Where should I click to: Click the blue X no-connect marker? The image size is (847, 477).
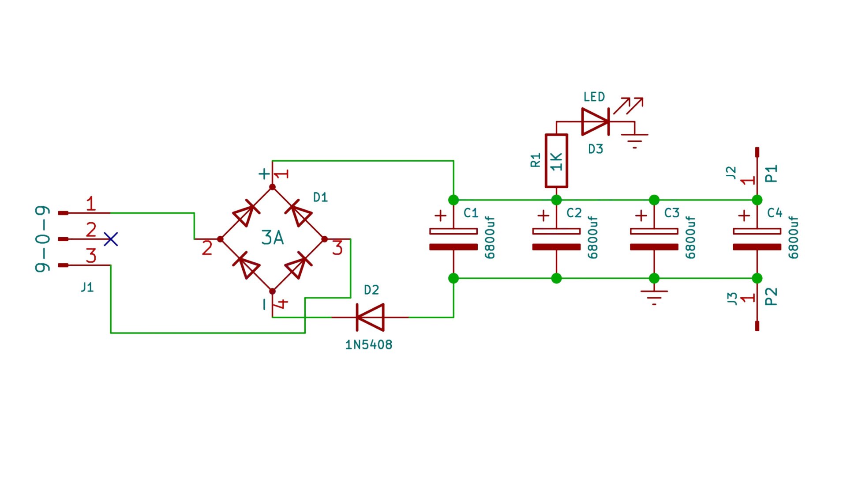coord(111,239)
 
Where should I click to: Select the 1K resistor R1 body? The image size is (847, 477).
coord(556,161)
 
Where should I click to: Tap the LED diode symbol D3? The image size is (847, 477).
coord(595,121)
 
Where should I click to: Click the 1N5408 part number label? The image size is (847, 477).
coord(368,344)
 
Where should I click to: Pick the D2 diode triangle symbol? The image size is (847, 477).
coord(370,317)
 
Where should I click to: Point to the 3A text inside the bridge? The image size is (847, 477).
coord(272,238)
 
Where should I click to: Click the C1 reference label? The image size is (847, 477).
coord(471,213)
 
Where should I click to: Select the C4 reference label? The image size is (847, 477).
coord(775,213)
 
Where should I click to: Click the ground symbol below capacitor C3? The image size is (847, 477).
coord(654,296)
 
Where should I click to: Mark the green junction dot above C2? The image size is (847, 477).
coord(556,200)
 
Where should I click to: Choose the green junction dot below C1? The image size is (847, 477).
coord(453,278)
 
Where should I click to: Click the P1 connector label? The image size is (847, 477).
coord(771,174)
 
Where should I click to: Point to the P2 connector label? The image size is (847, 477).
coord(771,296)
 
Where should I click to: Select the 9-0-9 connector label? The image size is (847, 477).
coord(42,238)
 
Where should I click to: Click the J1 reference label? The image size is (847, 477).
coord(87,288)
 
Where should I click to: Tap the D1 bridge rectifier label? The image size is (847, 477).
coord(320,197)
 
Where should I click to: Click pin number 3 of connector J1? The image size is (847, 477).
coord(91,256)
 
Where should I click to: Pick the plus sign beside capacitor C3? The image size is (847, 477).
coord(641,216)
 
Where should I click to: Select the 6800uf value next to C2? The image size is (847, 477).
coord(592,237)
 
